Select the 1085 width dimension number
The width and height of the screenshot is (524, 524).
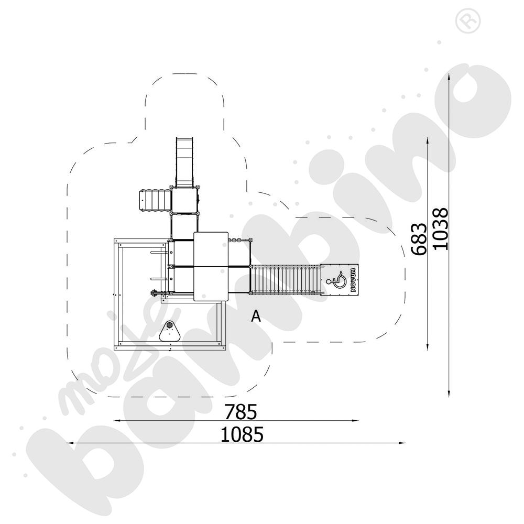pos(242,434)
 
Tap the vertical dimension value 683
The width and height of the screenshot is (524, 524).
pos(419,239)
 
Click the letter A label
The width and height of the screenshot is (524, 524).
pos(256,316)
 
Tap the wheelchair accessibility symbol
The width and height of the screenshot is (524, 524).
pos(337,279)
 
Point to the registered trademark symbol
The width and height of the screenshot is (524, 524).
pos(468,21)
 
